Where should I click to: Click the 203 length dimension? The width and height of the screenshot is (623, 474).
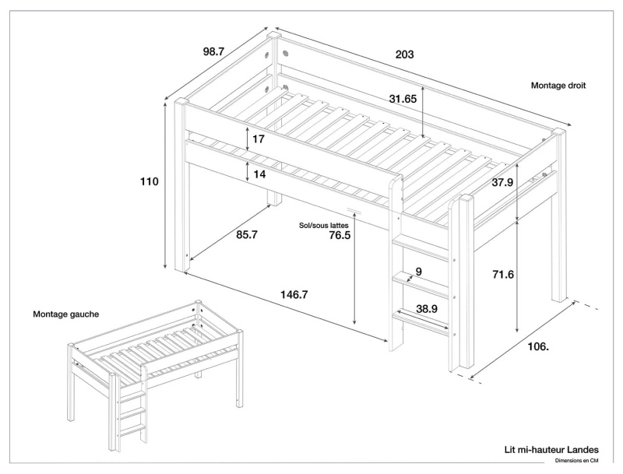[404, 54]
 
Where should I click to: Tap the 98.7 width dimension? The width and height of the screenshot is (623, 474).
[213, 51]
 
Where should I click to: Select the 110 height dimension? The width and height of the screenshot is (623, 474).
[150, 181]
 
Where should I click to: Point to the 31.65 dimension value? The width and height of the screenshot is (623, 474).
[403, 99]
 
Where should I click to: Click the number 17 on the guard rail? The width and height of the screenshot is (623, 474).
[259, 139]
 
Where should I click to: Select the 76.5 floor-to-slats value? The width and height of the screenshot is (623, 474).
[340, 236]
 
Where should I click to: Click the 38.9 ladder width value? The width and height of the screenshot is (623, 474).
[425, 308]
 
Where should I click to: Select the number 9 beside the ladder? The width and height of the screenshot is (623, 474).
[418, 272]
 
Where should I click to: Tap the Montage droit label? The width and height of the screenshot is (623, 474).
[558, 86]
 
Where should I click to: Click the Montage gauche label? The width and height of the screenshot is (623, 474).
[65, 314]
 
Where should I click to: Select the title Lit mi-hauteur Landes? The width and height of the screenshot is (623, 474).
[551, 449]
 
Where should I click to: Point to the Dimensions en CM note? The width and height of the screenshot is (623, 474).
[576, 461]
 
